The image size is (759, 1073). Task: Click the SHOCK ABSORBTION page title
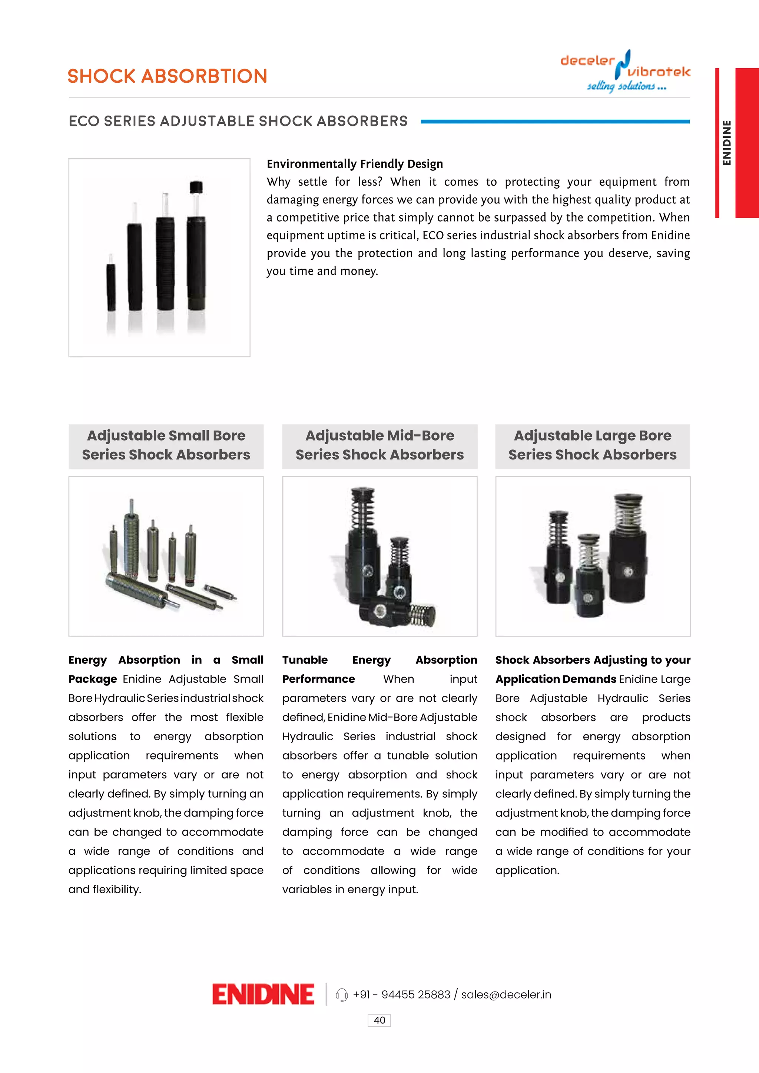[x=167, y=76]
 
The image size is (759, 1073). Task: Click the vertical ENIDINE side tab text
[x=726, y=143]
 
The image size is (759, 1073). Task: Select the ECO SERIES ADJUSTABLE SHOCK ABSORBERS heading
[x=238, y=121]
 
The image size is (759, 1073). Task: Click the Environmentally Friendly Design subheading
[x=355, y=164]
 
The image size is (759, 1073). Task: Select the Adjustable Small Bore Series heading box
[x=166, y=445]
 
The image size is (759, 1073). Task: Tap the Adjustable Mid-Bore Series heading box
[x=379, y=445]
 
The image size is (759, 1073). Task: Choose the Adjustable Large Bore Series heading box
[x=592, y=445]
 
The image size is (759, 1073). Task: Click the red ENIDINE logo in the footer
[x=263, y=994]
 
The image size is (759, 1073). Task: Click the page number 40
[x=379, y=1020]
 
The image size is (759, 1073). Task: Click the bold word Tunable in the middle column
[x=305, y=660]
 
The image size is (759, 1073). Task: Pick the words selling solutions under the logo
[x=626, y=86]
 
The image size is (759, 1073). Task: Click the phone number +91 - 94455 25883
[x=401, y=994]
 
